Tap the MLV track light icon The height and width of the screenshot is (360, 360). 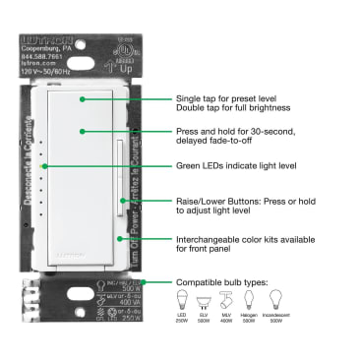[x=226, y=301]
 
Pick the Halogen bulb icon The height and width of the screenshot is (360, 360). [x=250, y=301]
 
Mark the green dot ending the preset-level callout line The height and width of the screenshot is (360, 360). [x=82, y=99]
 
